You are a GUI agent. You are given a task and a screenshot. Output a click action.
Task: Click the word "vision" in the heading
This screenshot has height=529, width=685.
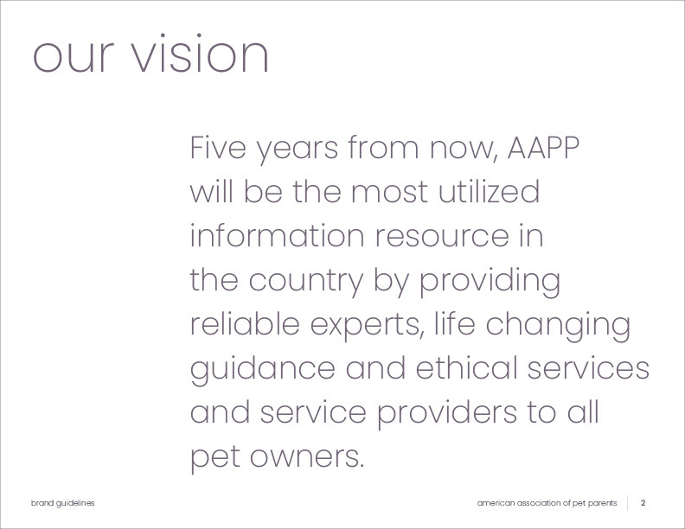(x=200, y=54)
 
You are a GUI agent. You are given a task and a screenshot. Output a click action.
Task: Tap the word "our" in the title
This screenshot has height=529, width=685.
(x=74, y=57)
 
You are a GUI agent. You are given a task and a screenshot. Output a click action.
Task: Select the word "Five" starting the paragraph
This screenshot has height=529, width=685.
(x=218, y=148)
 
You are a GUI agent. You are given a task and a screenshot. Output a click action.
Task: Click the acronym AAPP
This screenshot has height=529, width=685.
(x=543, y=148)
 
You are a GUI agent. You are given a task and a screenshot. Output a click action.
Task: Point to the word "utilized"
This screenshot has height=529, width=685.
(x=489, y=191)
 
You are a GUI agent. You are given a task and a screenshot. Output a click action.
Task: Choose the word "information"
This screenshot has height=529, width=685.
(x=278, y=235)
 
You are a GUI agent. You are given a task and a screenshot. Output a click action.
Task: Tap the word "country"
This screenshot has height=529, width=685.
(x=306, y=283)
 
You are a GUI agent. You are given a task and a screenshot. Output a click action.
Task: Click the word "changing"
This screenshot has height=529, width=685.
(x=558, y=327)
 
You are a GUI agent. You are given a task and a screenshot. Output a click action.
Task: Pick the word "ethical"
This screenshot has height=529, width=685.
(x=466, y=367)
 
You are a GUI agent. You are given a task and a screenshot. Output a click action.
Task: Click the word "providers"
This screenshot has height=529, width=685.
(x=447, y=415)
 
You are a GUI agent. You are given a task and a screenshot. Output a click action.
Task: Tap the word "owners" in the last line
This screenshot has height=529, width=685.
(x=307, y=457)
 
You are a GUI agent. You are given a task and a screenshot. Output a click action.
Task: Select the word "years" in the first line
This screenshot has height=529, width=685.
(x=297, y=150)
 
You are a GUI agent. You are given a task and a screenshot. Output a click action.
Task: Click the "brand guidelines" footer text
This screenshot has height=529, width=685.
(x=63, y=503)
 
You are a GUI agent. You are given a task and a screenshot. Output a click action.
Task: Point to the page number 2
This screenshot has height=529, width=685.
(x=643, y=503)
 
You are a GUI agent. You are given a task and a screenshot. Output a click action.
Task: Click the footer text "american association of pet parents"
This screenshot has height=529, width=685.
(x=547, y=503)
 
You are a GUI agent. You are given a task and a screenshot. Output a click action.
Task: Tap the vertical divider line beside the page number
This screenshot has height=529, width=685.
(x=628, y=503)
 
